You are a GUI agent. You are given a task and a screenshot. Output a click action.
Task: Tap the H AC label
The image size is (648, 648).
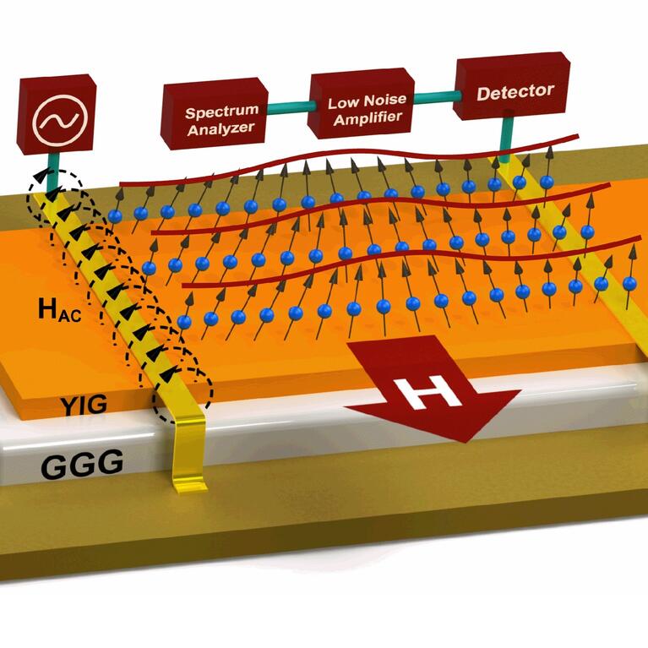(60, 309)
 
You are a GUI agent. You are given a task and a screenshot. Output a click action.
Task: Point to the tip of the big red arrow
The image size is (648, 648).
(463, 439)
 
